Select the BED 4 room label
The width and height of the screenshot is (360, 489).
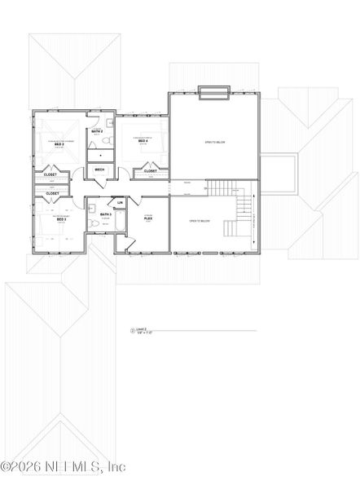coord(143,141)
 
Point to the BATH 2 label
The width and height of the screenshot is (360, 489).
coord(96,130)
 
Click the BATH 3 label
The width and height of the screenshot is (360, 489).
coord(106,214)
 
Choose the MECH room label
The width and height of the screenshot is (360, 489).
coord(100,170)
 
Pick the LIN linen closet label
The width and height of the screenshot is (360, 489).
coord(121,202)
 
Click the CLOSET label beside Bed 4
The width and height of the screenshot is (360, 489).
coord(151,171)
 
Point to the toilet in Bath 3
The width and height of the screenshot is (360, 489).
coord(95,222)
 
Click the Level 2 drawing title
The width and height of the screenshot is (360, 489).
coord(144,330)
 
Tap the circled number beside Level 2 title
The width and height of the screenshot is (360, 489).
coord(133,331)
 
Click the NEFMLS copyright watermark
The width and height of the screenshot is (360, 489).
coord(64,467)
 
